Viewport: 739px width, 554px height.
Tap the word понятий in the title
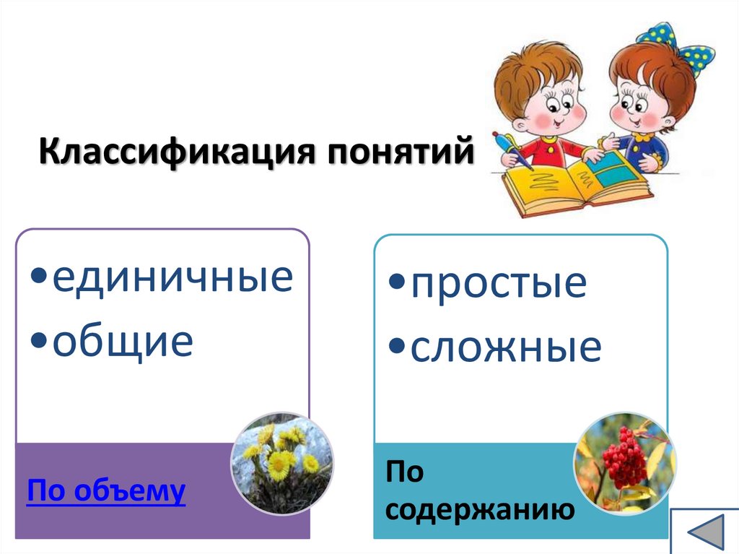pyautogui.click(x=404, y=155)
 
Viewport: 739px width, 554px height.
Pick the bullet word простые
pyautogui.click(x=499, y=284)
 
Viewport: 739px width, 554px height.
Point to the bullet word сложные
pyautogui.click(x=506, y=348)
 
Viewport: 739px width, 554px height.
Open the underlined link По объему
pyautogui.click(x=106, y=491)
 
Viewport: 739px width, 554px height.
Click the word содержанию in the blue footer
pyautogui.click(x=480, y=510)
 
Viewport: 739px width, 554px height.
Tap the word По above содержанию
pyautogui.click(x=405, y=473)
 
